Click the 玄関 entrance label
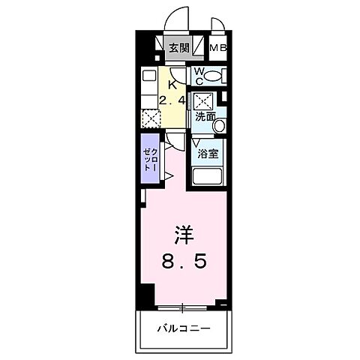(178, 49)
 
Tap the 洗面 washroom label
(205, 117)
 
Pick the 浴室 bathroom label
(208, 154)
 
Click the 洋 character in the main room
(184, 238)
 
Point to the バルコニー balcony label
(184, 328)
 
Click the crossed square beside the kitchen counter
(149, 118)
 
